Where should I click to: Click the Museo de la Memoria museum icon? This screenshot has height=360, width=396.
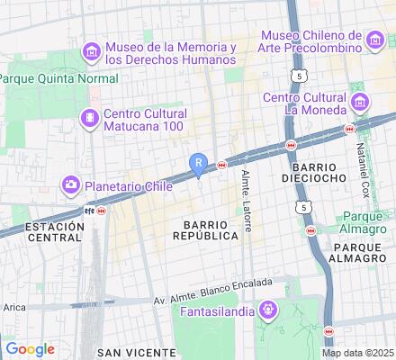tap(91, 53)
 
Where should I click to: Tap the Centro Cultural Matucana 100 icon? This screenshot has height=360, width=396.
tap(90, 119)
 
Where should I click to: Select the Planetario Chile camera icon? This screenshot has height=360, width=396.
tap(71, 186)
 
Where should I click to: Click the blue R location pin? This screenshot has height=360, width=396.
tap(199, 164)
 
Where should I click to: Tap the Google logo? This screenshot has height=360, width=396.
tap(30, 349)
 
